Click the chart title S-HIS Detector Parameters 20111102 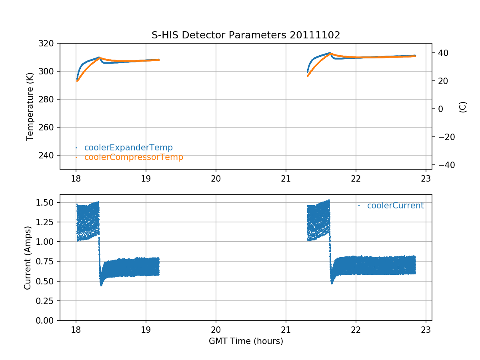pyautogui.click(x=246, y=35)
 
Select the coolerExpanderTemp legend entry pyautogui.click(x=128, y=148)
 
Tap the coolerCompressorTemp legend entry pyautogui.click(x=134, y=157)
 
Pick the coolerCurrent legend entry pyautogui.click(x=395, y=206)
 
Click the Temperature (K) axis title pyautogui.click(x=30, y=106)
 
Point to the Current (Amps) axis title pyautogui.click(x=27, y=257)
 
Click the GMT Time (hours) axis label pyautogui.click(x=246, y=341)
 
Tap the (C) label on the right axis pyautogui.click(x=463, y=107)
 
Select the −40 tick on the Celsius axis pyautogui.click(x=444, y=165)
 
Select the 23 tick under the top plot pyautogui.click(x=426, y=178)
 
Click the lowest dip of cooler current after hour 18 pyautogui.click(x=101, y=285)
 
